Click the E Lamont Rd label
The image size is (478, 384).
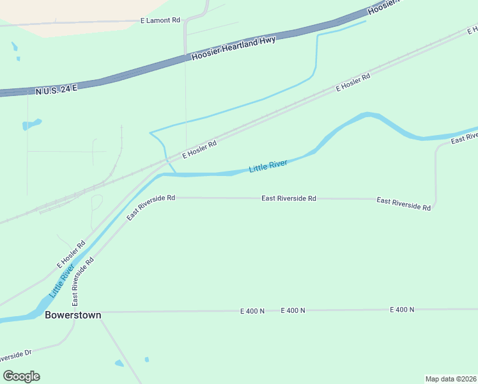click(x=160, y=20)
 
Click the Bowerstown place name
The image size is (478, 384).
click(x=73, y=316)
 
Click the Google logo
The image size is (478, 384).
click(x=21, y=376)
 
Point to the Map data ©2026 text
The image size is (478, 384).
click(x=451, y=379)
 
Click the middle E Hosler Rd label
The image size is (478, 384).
click(x=199, y=150)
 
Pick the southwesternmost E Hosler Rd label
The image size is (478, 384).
click(x=71, y=254)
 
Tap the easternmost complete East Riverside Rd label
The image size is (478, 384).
click(x=403, y=204)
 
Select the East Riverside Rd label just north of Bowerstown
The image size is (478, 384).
click(x=84, y=281)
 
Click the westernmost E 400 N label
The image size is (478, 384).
click(x=252, y=311)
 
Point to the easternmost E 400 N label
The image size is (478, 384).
click(x=402, y=310)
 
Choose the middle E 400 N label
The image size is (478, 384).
click(x=293, y=310)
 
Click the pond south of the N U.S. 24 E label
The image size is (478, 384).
click(x=32, y=124)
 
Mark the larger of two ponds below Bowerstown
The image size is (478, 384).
click(x=119, y=364)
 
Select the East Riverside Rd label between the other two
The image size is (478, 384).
click(x=288, y=198)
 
